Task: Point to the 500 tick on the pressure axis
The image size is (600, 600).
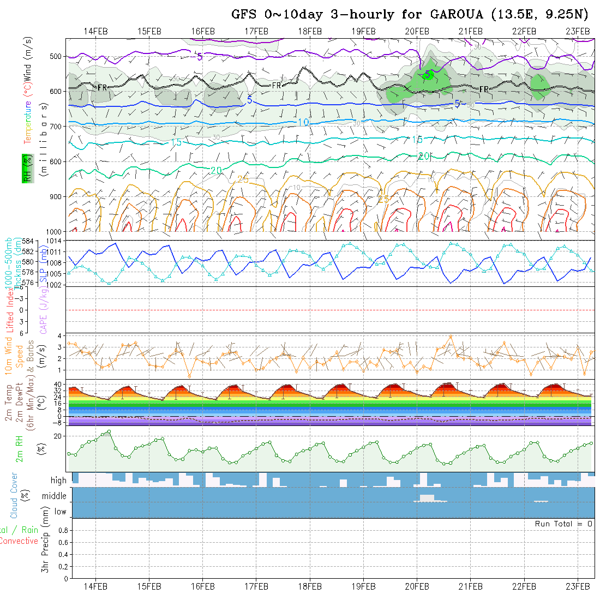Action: coord(58,56)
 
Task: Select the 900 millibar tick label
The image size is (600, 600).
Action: coord(58,196)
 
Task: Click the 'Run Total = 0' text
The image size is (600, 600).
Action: coord(563,524)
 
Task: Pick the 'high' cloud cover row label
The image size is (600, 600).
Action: coord(58,481)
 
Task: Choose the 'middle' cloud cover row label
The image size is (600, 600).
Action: coord(55,496)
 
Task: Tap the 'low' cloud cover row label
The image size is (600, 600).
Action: coord(60,512)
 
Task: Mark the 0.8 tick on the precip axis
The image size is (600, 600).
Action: coord(62,530)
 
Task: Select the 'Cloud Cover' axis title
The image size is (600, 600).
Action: coord(14,495)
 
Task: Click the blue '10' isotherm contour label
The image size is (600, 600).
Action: coord(303,123)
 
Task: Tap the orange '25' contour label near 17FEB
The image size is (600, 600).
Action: coord(243,180)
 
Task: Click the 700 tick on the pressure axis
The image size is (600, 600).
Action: coord(58,127)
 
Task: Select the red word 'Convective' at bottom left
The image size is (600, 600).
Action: coord(19,541)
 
